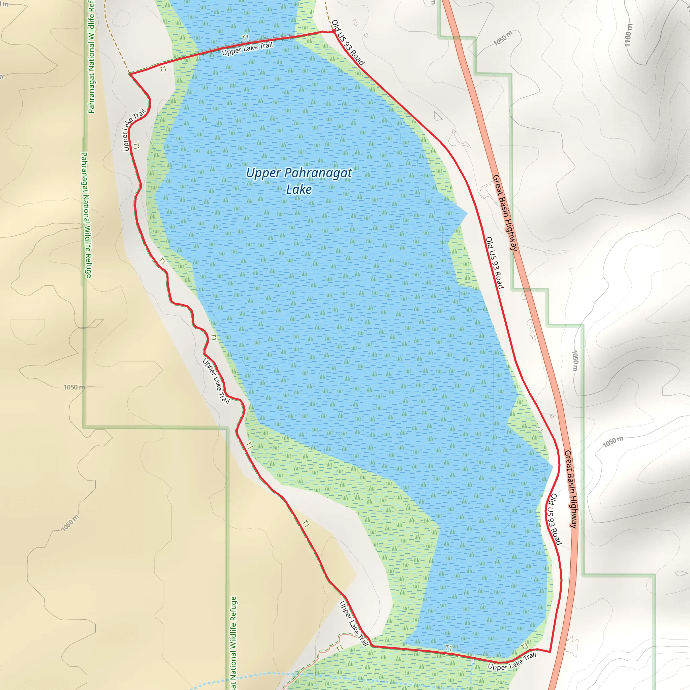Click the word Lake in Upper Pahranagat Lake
tap(299, 189)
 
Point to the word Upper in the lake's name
tap(263, 173)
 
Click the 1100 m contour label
tap(628, 35)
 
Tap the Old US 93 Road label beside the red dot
tap(348, 43)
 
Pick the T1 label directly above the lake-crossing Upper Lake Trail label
tap(245, 38)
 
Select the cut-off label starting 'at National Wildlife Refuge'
tap(233, 643)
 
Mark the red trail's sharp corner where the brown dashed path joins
tap(130, 74)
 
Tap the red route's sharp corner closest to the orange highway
tap(550, 652)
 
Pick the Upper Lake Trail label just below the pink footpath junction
tap(353, 624)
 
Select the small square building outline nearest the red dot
tap(366, 35)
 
